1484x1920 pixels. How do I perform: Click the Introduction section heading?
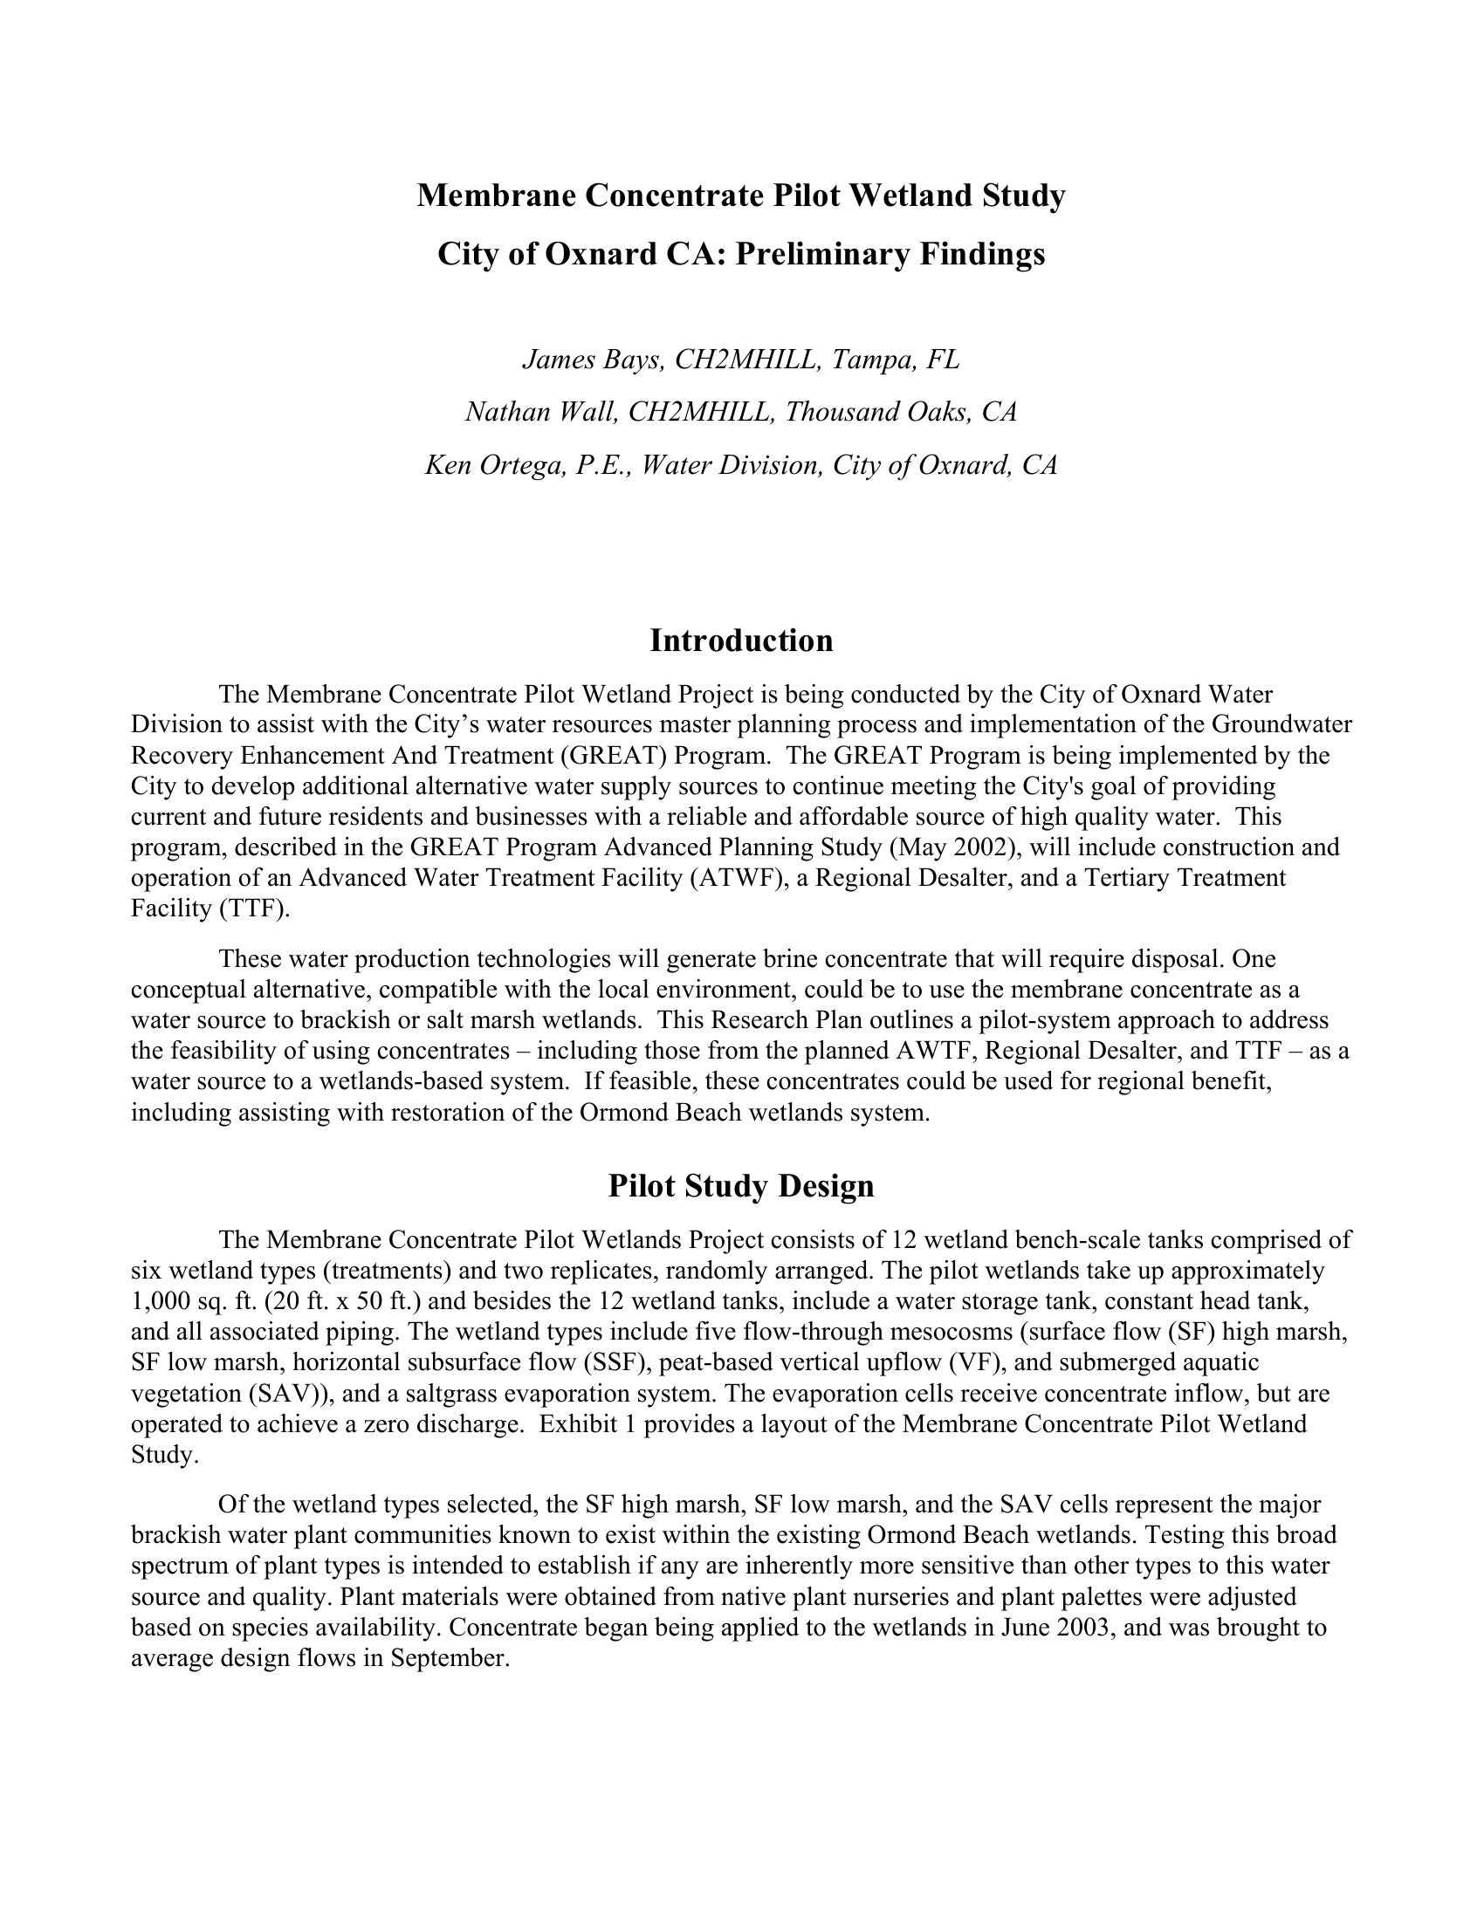[x=741, y=641]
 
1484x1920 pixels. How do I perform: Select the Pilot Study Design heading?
[x=741, y=1186]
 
